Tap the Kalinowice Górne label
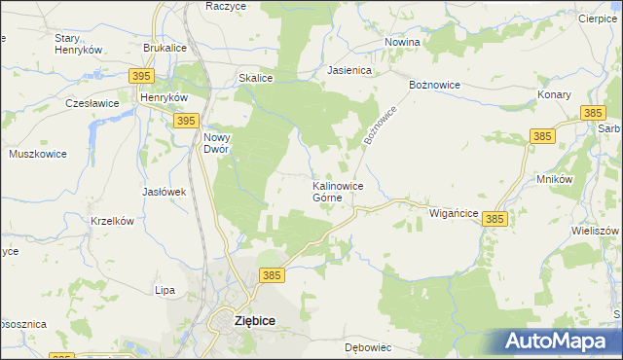coord(338,191)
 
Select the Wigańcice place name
coord(453,212)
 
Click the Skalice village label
coord(254,78)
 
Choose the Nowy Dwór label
coord(216,143)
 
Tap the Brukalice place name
coord(165,47)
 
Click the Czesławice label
coord(92,102)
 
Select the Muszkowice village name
coord(36,154)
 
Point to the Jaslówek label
coord(164,192)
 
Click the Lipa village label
coord(165,290)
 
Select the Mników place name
coord(553,180)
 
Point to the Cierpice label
coord(598,18)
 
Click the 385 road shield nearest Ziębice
coord(272,276)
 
